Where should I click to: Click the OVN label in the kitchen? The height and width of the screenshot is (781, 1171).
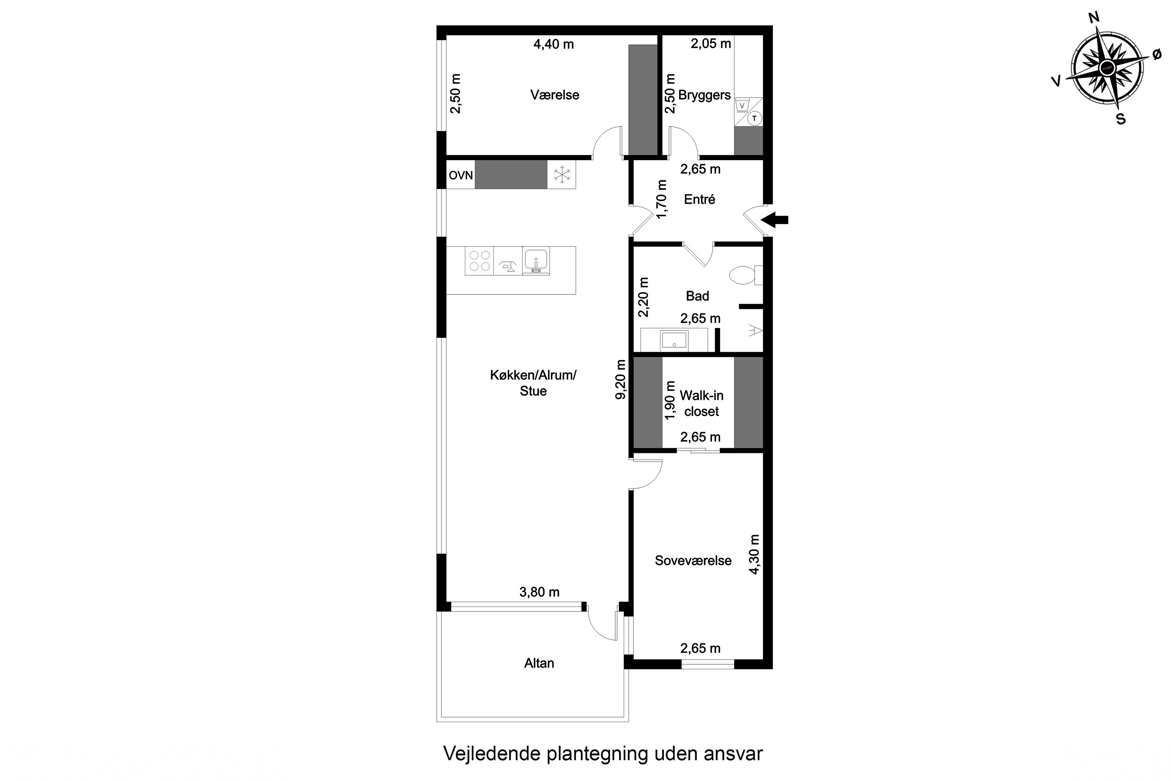(x=461, y=175)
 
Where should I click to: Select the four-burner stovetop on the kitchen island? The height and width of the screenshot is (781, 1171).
(x=479, y=260)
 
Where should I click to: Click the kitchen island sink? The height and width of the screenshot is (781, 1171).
(x=536, y=260)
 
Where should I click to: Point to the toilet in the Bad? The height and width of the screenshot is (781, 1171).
(x=744, y=275)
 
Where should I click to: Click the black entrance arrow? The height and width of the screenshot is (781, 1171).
(x=775, y=219)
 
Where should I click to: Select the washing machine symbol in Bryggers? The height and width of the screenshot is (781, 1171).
(x=742, y=105)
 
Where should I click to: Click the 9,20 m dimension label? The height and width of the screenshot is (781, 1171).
(x=621, y=380)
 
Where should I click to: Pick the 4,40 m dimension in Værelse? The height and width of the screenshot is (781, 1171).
(x=553, y=45)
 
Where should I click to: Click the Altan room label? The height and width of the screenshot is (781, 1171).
(x=539, y=663)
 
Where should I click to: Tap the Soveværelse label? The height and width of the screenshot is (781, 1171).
(x=692, y=560)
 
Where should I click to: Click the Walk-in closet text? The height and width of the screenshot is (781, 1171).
(x=701, y=403)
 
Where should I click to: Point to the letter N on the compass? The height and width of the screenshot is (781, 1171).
(x=1094, y=18)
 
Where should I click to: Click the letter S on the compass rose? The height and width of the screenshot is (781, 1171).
(x=1121, y=119)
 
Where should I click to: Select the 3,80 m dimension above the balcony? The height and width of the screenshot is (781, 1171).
(x=539, y=592)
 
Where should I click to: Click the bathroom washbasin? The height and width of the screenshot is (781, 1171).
(x=674, y=341)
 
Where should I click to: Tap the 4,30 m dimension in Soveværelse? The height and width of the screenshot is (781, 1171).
(x=755, y=555)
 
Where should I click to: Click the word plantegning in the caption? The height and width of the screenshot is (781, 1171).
(x=598, y=754)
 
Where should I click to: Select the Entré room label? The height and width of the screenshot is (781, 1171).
(x=699, y=199)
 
